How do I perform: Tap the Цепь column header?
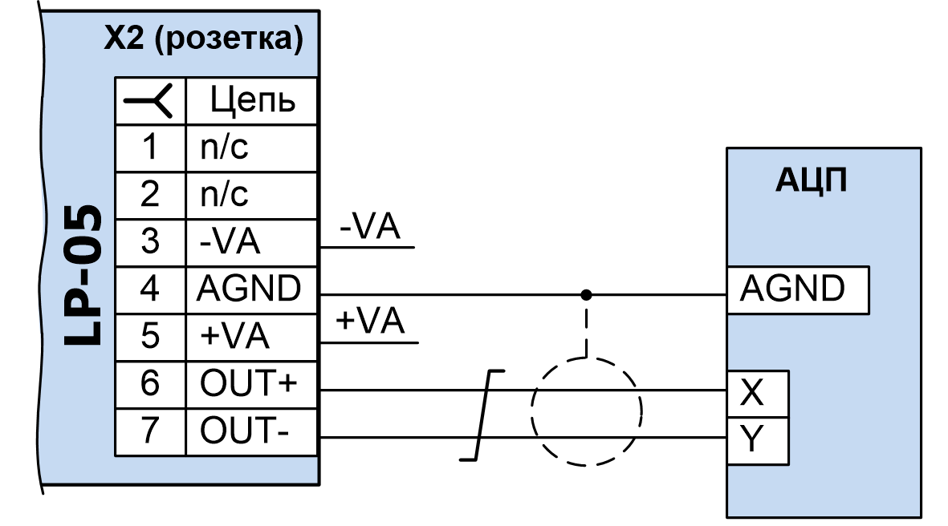[x=252, y=101]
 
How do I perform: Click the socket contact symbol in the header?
[x=150, y=101]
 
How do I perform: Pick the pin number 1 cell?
[x=150, y=148]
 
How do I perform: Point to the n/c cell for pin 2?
[x=252, y=195]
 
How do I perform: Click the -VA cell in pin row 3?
[x=252, y=241]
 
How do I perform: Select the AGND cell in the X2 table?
[x=252, y=289]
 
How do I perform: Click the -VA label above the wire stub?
[x=370, y=228]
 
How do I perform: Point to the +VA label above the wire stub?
[x=370, y=322]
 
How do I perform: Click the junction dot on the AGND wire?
[x=587, y=294]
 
